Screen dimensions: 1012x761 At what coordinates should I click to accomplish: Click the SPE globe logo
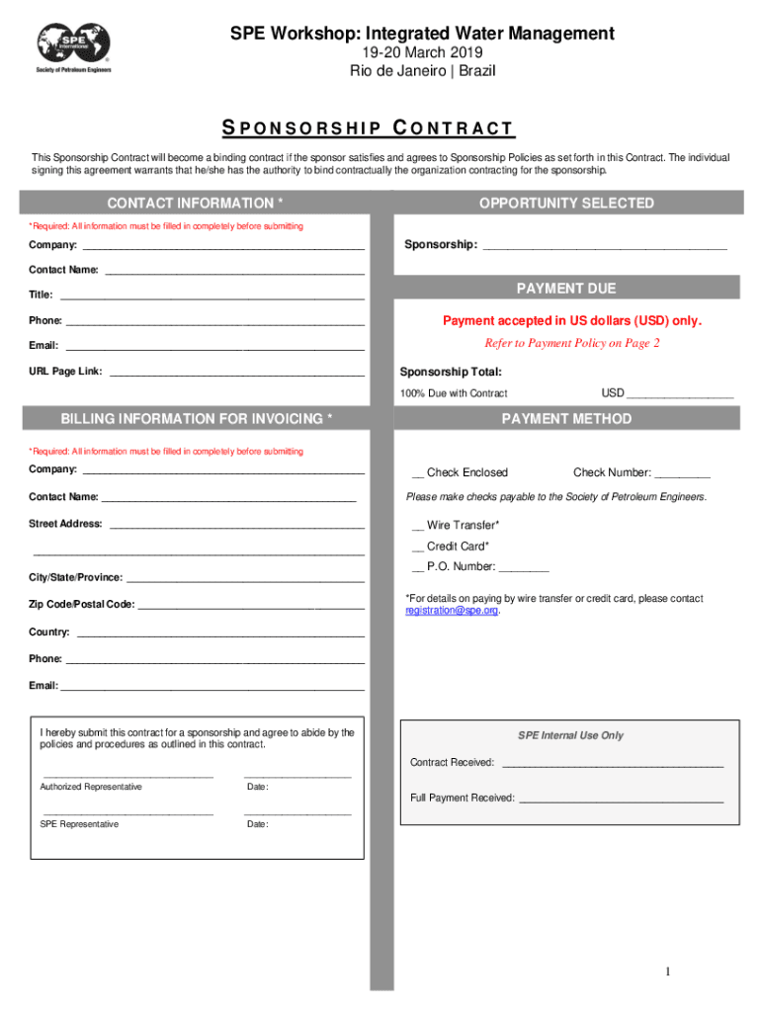74,44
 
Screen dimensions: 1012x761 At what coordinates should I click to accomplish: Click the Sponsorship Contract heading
367,128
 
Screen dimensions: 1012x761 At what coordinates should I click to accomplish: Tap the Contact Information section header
196,204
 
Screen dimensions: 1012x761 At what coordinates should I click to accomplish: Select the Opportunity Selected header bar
566,204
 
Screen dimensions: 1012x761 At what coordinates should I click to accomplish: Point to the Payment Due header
566,289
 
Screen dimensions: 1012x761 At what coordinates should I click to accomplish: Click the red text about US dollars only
571,321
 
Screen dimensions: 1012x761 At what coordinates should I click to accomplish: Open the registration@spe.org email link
452,611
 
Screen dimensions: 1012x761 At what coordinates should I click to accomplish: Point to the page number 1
668,972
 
